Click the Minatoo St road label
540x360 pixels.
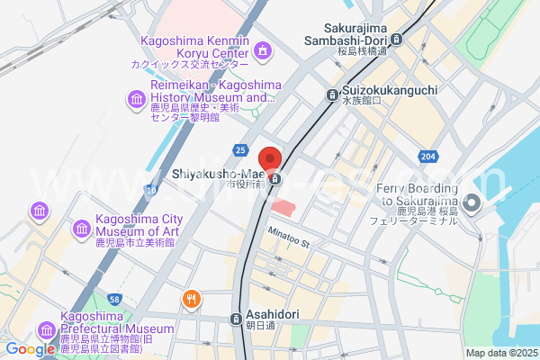288,238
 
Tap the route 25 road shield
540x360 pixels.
239,148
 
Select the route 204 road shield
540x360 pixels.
428,156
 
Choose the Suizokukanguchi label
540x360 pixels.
389,92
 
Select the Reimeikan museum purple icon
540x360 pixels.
136,97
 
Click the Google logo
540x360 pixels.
30,349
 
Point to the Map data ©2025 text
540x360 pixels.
500,353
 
